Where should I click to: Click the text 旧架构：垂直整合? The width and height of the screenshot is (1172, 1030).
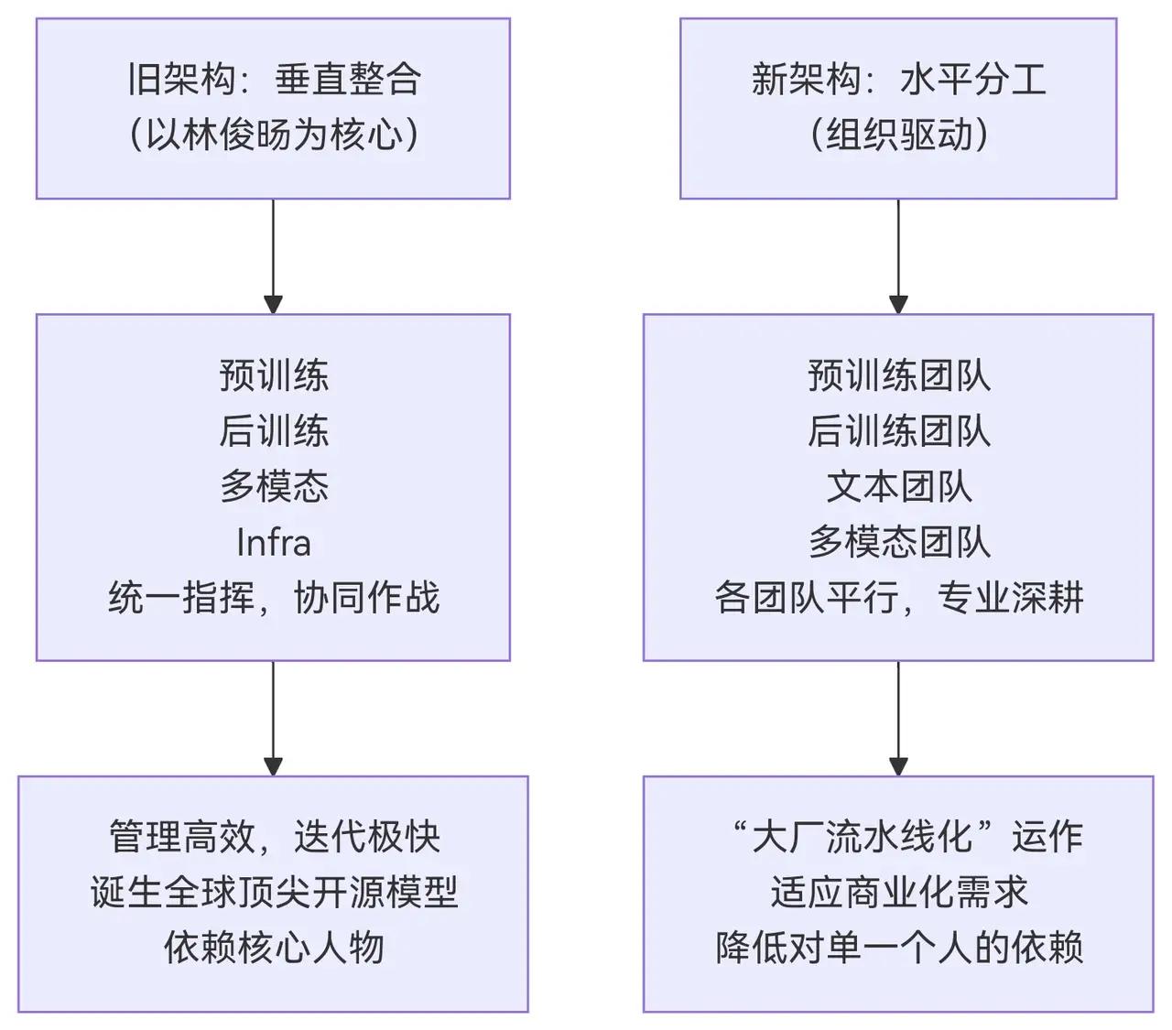pyautogui.click(x=273, y=80)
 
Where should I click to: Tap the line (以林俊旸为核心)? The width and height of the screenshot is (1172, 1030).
pyautogui.click(x=273, y=135)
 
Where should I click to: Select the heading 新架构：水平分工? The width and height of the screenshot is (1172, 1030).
pyautogui.click(x=898, y=80)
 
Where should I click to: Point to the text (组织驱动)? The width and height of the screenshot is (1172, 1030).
pyautogui.click(x=898, y=135)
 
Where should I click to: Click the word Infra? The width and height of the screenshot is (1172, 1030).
pyautogui.click(x=273, y=543)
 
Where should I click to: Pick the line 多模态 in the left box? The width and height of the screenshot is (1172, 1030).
pyautogui.click(x=273, y=486)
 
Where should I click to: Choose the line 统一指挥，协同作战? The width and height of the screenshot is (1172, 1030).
pyautogui.click(x=273, y=598)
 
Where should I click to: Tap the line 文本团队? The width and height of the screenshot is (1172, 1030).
pyautogui.click(x=898, y=486)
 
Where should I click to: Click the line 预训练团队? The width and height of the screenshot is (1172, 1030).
pyautogui.click(x=898, y=375)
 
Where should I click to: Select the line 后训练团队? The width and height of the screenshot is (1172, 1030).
pyautogui.click(x=898, y=431)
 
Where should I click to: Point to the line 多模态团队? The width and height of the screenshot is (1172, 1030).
pyautogui.click(x=898, y=543)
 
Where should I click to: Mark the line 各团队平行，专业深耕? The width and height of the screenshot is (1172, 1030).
pyautogui.click(x=898, y=598)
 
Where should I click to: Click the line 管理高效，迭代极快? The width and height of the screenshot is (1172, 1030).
pyautogui.click(x=273, y=837)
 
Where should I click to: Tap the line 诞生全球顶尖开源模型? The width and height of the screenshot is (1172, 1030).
pyautogui.click(x=273, y=893)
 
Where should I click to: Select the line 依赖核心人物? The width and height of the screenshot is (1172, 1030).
pyautogui.click(x=273, y=948)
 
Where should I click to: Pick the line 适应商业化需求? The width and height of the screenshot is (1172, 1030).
pyautogui.click(x=898, y=893)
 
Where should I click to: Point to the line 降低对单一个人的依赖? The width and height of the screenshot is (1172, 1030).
pyautogui.click(x=898, y=948)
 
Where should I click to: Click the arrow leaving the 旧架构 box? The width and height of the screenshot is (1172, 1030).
pyautogui.click(x=273, y=256)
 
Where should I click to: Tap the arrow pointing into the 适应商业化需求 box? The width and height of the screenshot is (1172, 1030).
pyautogui.click(x=898, y=719)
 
